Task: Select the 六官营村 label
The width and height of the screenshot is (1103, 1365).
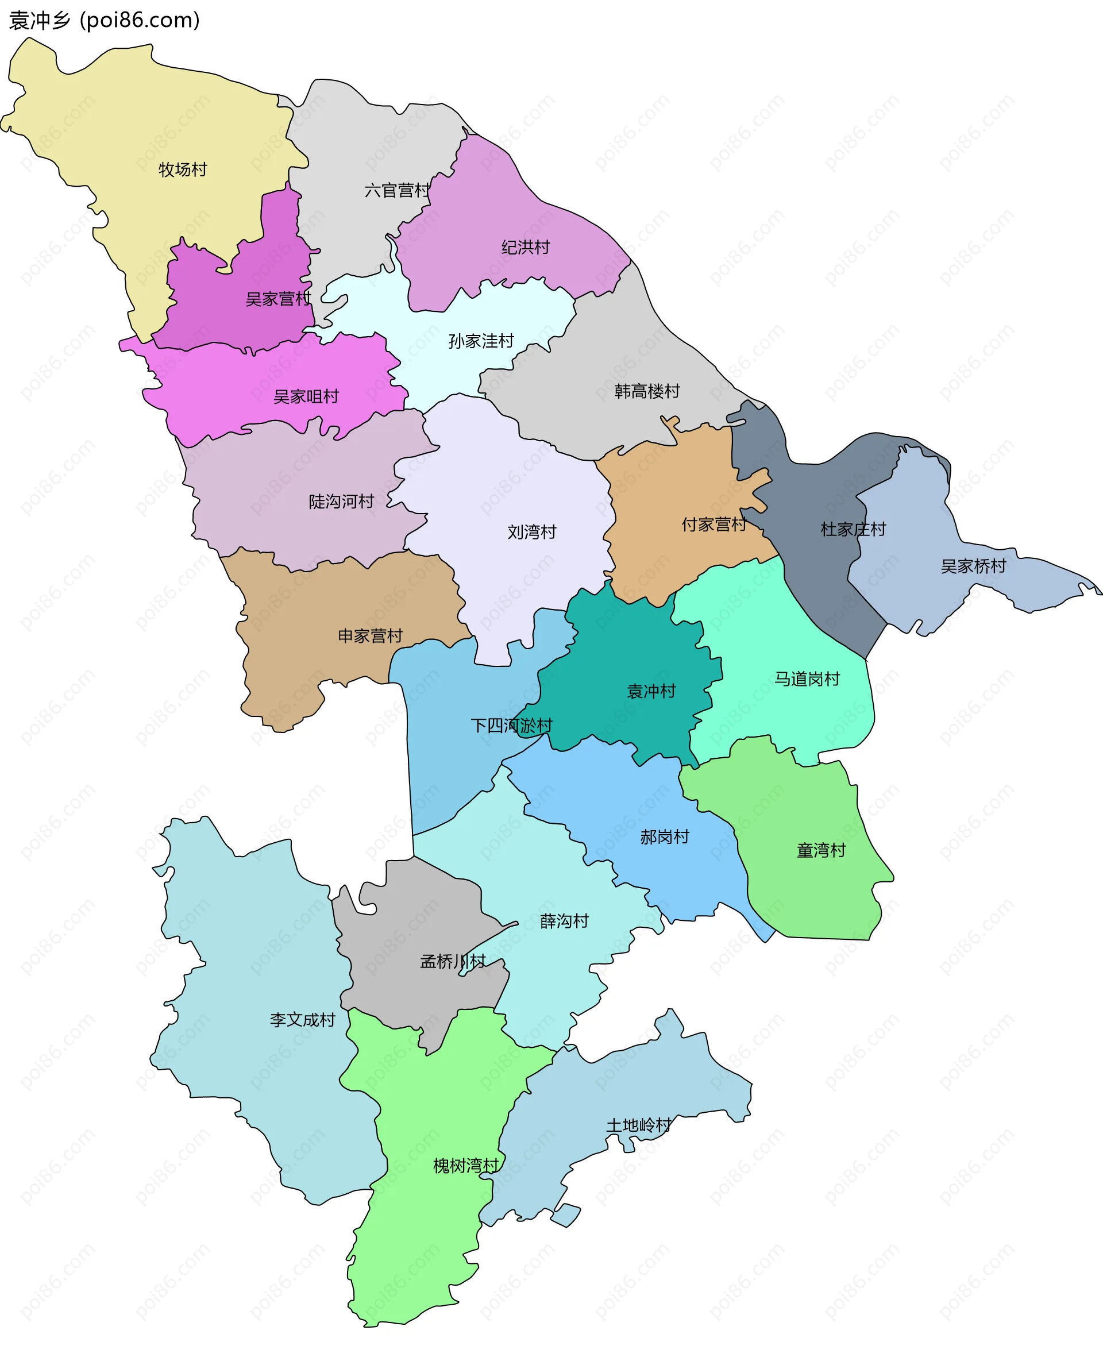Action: pos(397,190)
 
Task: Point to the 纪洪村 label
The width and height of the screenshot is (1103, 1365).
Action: pos(525,247)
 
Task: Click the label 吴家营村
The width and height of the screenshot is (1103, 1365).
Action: pos(278,299)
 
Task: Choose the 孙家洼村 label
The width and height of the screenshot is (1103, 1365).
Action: pos(481,341)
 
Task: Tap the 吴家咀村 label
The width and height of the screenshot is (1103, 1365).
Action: pos(306,396)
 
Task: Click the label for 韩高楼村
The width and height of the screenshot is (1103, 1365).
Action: pos(647,391)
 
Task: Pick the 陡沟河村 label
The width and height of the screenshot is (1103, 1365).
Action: pos(341,502)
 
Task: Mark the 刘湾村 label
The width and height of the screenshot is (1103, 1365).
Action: pos(531,532)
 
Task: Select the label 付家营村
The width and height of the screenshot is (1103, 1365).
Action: pos(714,525)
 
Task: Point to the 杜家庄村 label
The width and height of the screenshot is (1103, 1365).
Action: pos(853,529)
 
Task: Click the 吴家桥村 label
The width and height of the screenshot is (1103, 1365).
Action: pos(973,566)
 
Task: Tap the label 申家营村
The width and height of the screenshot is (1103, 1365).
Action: pos(370,635)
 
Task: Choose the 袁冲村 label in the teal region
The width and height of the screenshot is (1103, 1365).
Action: pos(651,691)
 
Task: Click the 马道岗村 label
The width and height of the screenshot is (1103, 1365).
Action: pos(807,678)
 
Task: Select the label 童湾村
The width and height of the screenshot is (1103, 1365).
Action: pos(821,850)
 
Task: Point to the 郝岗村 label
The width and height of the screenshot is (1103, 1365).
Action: pos(665,836)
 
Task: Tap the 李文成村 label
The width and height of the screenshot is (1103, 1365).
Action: pos(302,1019)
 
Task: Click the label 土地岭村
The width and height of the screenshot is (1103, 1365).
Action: pos(639,1125)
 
